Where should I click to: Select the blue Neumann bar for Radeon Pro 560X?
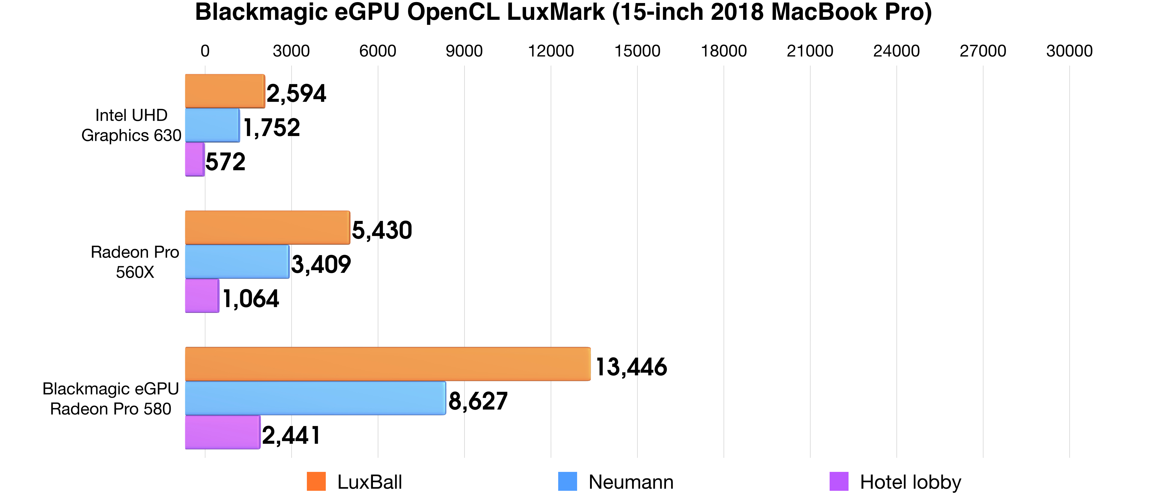click(x=237, y=262)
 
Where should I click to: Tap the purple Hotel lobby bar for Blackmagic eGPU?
click(x=222, y=432)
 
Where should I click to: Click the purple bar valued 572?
click(x=195, y=159)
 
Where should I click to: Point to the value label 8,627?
click(x=478, y=401)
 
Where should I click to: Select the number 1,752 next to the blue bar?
click(x=271, y=128)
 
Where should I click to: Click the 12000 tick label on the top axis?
click(x=551, y=51)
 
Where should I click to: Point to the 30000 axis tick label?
click(x=1069, y=51)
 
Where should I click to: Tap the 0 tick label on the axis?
click(x=205, y=51)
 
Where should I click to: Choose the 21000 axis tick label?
click(x=810, y=51)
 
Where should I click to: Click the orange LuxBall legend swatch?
click(x=316, y=481)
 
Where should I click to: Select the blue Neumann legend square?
click(x=567, y=481)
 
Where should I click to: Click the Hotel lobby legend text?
click(x=910, y=482)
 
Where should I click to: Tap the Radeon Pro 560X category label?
click(x=135, y=262)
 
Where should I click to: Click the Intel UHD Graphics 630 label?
click(x=131, y=125)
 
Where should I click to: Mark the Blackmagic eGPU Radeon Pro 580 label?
click(x=110, y=399)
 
